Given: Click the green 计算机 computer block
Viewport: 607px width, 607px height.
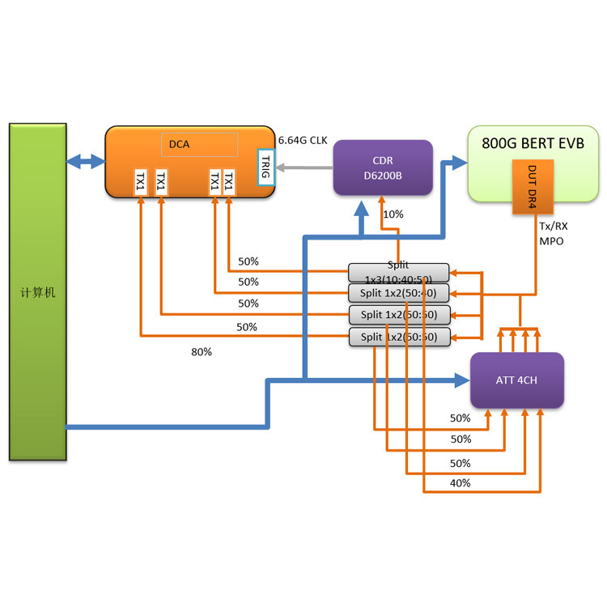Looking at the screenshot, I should pos(37,291).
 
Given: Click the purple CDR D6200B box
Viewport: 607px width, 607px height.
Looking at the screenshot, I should pos(383,168).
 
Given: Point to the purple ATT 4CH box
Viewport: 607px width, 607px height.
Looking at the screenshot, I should pos(517,380).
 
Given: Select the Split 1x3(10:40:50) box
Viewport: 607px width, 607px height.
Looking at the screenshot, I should pos(398,272).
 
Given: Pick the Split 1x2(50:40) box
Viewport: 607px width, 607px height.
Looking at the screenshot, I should pos(398,292).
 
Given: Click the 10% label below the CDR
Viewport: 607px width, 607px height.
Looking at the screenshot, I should pos(393,214).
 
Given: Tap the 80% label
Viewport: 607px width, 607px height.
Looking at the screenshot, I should pos(201,352).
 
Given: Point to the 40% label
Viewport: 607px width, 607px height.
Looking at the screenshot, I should pos(460,483).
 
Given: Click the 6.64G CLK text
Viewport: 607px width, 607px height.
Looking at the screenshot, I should pos(303,139).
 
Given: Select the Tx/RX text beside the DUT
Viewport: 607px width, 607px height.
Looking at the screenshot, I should pos(554,227).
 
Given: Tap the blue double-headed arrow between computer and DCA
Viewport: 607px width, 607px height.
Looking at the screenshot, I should pos(85,162).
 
